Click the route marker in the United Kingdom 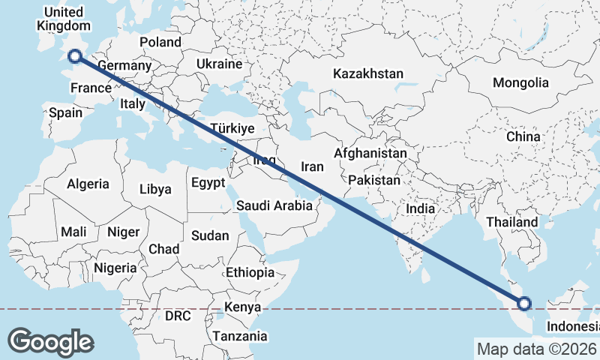74,55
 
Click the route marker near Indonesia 524,304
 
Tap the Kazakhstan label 368,74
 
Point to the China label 523,137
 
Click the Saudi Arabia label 274,205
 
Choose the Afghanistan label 370,153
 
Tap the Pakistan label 374,181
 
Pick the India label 420,209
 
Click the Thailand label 512,222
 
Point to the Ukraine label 219,64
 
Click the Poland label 160,42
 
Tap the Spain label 65,113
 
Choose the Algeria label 88,184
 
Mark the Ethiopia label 250,272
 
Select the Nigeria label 115,268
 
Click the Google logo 50,342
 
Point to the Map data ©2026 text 537,349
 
